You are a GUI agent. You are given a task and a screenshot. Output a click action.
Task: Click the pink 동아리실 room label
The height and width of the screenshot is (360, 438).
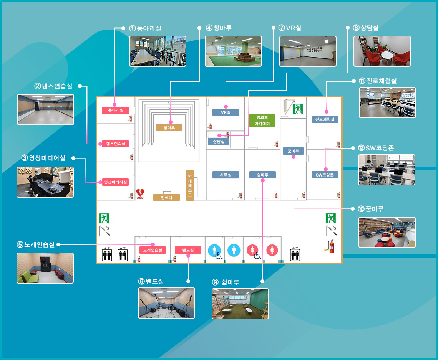coord(116,110)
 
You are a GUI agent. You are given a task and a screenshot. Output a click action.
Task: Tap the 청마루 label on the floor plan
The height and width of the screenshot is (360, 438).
coord(169,128)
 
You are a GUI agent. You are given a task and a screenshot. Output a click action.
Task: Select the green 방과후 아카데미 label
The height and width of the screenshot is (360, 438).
coord(262,121)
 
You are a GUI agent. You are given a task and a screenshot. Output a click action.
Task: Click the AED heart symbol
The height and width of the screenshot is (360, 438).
coord(140,193)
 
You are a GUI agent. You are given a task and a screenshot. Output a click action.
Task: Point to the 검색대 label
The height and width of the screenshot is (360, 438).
coord(166,197)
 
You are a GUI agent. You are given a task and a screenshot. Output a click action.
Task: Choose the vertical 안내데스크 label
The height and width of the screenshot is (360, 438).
coord(190,185)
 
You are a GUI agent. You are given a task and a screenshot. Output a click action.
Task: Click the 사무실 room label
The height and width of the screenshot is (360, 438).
coord(226,175)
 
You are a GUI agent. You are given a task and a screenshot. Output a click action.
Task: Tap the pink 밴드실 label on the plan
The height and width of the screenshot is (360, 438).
coord(188,250)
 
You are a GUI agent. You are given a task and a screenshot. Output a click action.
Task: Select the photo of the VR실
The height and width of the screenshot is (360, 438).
coord(308,51)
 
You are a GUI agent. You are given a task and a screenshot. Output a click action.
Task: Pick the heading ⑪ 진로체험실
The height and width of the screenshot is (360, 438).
coord(377,81)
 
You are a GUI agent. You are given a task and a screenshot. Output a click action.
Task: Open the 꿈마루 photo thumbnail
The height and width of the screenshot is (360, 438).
coord(387,232)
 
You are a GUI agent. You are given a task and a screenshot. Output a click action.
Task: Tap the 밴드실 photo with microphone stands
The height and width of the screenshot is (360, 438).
coord(166,303)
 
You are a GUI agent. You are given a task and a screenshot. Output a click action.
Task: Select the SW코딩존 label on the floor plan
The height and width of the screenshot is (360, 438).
coord(325,175)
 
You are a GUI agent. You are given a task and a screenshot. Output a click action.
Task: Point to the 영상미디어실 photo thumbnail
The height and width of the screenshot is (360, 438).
coord(45,182)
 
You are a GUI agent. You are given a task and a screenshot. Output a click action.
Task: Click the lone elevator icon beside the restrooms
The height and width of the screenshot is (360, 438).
coord(295,254)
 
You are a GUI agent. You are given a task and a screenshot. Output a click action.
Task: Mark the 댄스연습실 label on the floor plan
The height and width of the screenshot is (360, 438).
coord(116,144)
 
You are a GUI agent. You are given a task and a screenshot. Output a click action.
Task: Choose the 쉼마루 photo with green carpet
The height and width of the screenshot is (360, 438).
coord(240,304)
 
